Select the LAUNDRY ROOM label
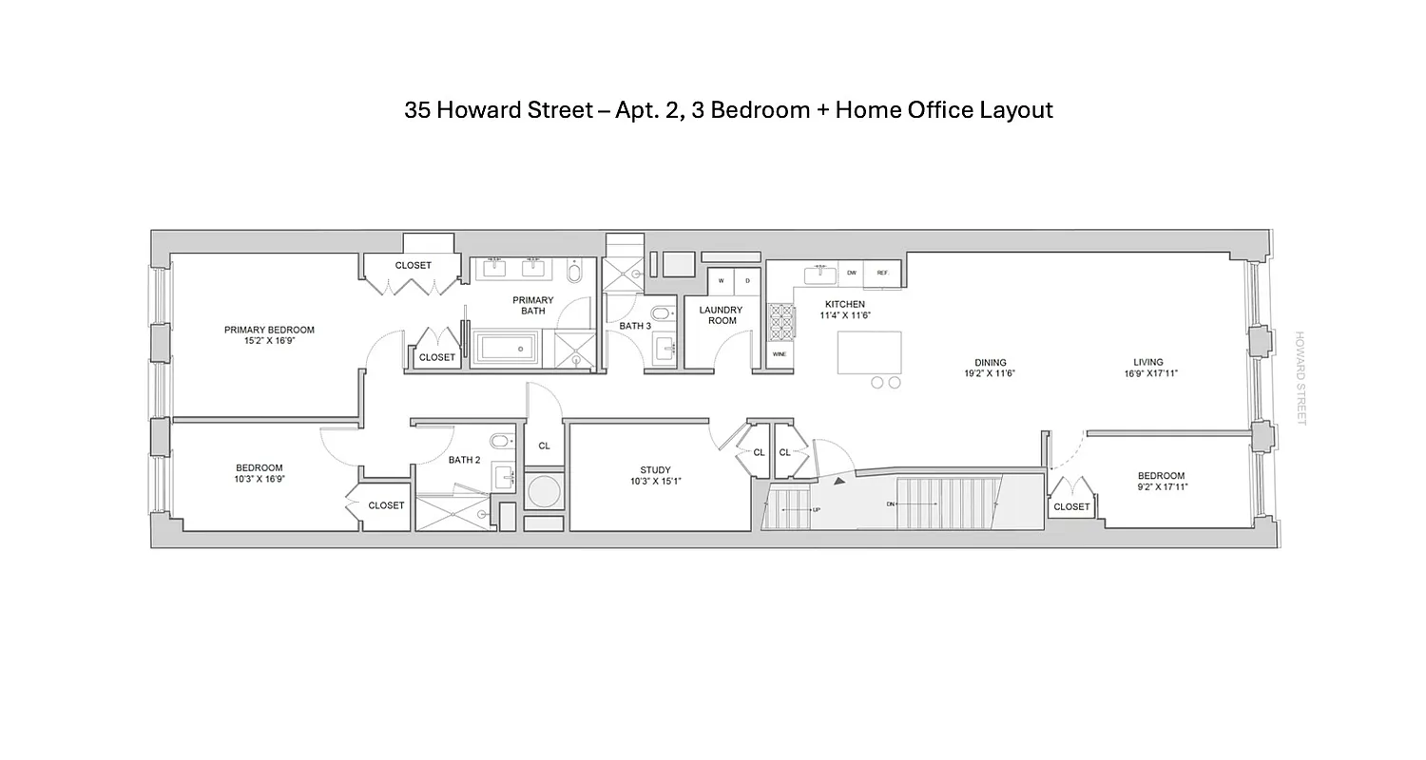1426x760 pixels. tap(721, 315)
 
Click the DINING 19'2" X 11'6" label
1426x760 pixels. tap(990, 368)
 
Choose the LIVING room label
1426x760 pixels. tap(1147, 368)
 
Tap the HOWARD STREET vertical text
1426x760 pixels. tap(1301, 378)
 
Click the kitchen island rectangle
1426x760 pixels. tap(869, 352)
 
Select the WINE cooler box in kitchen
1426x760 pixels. tap(779, 354)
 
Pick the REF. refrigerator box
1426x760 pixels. tap(882, 274)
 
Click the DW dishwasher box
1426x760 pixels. tap(851, 274)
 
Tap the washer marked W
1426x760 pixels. tap(722, 281)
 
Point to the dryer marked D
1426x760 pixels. tap(747, 281)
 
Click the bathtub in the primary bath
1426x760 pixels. tap(507, 346)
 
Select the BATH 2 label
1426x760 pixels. tap(465, 461)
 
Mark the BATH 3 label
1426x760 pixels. tap(635, 326)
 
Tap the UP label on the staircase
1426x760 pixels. tap(816, 511)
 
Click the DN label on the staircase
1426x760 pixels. tap(891, 503)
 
